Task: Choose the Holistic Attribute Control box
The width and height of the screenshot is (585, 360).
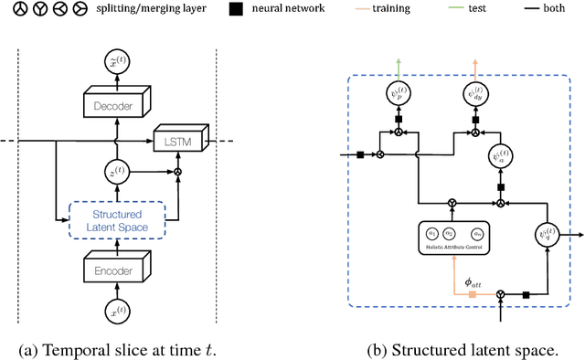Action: [x=454, y=239]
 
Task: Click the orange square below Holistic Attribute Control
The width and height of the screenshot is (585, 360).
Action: [x=472, y=295]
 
